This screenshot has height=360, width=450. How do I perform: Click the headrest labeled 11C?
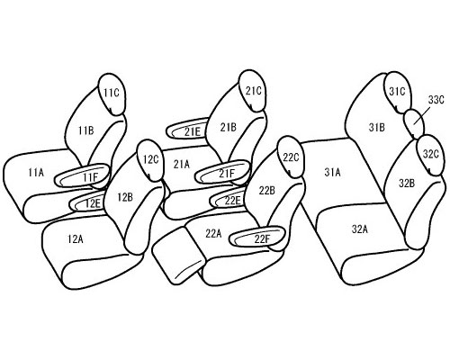[x=112, y=94]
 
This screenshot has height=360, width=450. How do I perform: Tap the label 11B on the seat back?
[x=86, y=130]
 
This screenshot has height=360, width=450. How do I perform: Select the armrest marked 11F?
[x=82, y=175]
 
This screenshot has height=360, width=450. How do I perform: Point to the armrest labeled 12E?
[x=87, y=202]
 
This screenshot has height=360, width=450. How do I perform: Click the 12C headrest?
[x=149, y=160]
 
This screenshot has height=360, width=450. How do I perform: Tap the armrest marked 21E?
[x=187, y=129]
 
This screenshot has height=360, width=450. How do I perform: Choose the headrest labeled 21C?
[x=253, y=91]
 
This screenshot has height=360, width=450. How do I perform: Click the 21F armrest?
[x=222, y=171]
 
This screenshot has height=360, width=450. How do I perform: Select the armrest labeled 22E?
[x=228, y=199]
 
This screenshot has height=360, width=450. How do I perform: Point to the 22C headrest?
[x=291, y=157]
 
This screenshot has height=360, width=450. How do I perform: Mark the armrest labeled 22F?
[x=256, y=237]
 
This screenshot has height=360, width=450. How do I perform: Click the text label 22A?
[x=213, y=233]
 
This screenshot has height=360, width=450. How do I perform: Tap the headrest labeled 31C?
[x=397, y=92]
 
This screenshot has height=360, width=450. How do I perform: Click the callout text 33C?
[x=436, y=100]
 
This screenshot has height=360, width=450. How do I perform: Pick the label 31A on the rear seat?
[x=332, y=173]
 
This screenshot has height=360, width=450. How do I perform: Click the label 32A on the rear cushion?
[x=360, y=229]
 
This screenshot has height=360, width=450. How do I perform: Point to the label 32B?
[x=407, y=183]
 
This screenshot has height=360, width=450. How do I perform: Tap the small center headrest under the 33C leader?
[x=414, y=122]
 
